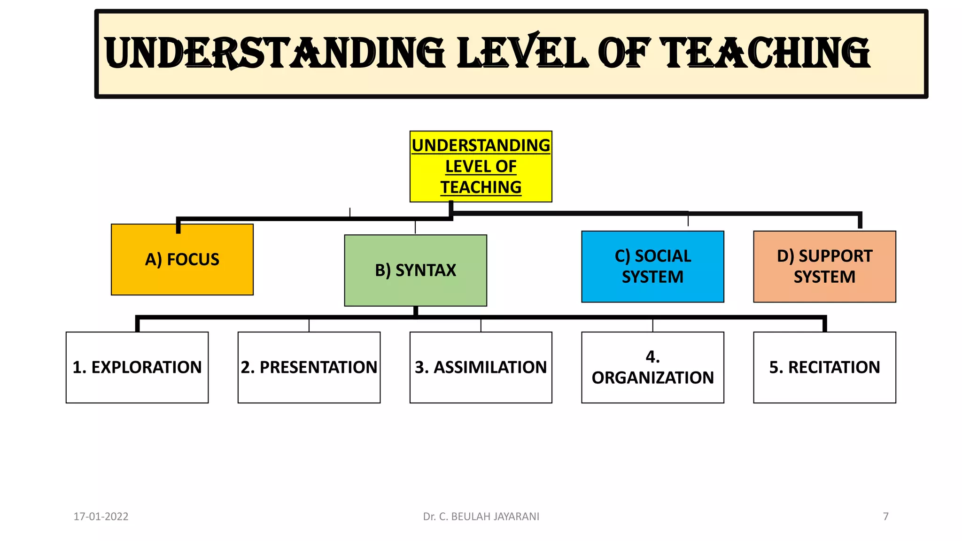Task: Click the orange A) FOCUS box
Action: click(x=182, y=260)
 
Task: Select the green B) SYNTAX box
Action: click(x=415, y=270)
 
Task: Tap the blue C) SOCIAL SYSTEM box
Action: click(x=652, y=266)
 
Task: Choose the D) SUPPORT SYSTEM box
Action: click(x=824, y=266)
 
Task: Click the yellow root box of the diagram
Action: click(x=481, y=166)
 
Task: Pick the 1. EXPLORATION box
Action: click(x=137, y=367)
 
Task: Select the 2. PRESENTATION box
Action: click(x=309, y=367)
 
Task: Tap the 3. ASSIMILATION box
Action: click(x=481, y=367)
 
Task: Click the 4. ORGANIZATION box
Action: click(x=652, y=367)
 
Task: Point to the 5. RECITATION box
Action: click(x=824, y=367)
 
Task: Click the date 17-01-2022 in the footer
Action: click(x=101, y=517)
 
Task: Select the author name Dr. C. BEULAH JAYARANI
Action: click(x=481, y=517)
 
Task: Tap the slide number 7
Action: click(x=886, y=517)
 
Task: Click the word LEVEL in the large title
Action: click(x=522, y=53)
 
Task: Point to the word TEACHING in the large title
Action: click(x=766, y=53)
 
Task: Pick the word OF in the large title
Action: click(x=624, y=53)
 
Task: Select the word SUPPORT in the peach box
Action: click(x=835, y=256)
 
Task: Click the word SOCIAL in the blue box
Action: click(x=663, y=256)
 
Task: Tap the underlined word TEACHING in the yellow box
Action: click(x=481, y=187)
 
